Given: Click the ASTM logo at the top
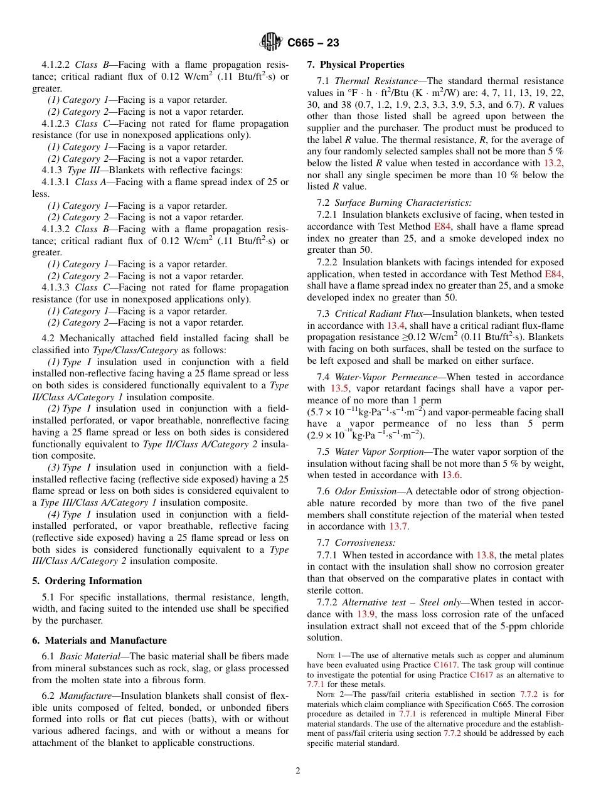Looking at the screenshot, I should [x=272, y=42].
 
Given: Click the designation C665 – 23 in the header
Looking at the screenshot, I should [x=313, y=43].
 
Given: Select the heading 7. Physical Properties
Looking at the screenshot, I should [x=356, y=65].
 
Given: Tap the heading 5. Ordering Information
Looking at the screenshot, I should [x=87, y=581].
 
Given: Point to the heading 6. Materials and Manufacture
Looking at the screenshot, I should [x=100, y=641].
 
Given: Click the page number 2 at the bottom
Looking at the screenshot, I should [x=298, y=770].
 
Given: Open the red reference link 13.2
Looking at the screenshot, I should [x=553, y=163].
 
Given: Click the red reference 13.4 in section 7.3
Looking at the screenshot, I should [x=395, y=325].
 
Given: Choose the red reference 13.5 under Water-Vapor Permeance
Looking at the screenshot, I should [x=339, y=388].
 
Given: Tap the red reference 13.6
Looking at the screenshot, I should [x=451, y=475].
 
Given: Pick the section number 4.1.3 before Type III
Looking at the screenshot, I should [x=52, y=171].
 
